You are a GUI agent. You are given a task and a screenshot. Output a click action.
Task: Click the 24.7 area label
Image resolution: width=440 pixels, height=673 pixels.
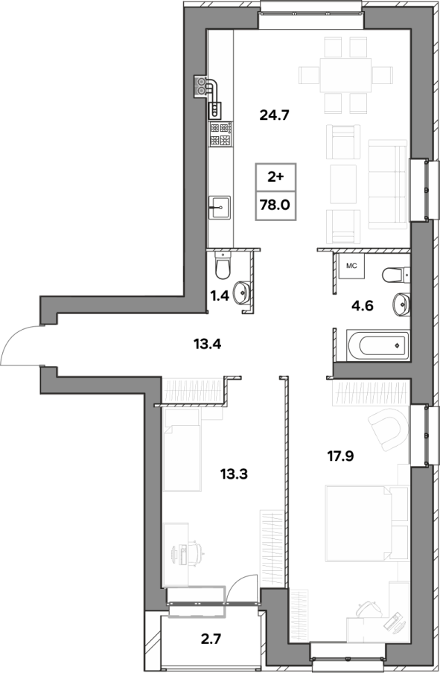(275, 115)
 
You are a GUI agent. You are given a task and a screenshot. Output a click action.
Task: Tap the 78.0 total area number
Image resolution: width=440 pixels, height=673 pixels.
(275, 205)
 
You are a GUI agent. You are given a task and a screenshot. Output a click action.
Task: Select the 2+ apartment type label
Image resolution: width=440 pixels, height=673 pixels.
(275, 177)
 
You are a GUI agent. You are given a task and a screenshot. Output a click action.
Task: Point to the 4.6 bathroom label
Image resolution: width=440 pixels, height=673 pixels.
(362, 306)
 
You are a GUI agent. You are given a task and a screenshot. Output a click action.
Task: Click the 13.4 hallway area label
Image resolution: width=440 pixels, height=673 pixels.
(207, 343)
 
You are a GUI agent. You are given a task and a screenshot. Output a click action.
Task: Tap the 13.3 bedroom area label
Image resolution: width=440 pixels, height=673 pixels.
(235, 474)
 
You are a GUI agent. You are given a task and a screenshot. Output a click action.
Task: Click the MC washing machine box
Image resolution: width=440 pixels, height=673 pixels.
(351, 266)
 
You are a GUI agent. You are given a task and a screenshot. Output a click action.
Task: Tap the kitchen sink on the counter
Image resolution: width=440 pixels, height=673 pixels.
(220, 208)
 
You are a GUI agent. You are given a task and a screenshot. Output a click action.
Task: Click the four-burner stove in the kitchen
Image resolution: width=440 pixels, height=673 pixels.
(220, 134)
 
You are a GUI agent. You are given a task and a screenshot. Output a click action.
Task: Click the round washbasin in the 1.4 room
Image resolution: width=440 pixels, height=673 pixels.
(242, 293)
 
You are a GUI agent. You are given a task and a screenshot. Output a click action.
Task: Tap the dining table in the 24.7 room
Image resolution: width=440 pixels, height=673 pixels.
(345, 75)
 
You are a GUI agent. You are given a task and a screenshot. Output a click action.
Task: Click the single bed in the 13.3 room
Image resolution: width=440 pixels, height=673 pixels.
(182, 449)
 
